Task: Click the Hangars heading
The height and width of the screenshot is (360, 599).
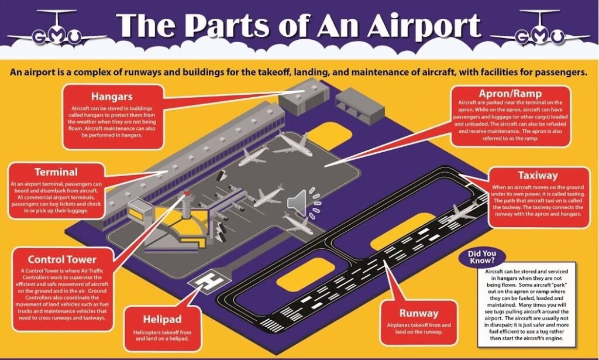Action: [x=112, y=97]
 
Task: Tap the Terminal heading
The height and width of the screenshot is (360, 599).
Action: [x=56, y=172]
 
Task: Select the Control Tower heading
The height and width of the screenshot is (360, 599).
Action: [x=62, y=259]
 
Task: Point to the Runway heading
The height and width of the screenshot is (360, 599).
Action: [x=419, y=313]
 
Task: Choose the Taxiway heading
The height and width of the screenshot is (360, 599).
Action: [x=538, y=175]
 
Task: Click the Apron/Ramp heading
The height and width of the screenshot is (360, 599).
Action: [x=510, y=94]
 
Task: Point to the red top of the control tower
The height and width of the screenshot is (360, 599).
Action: [x=187, y=193]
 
